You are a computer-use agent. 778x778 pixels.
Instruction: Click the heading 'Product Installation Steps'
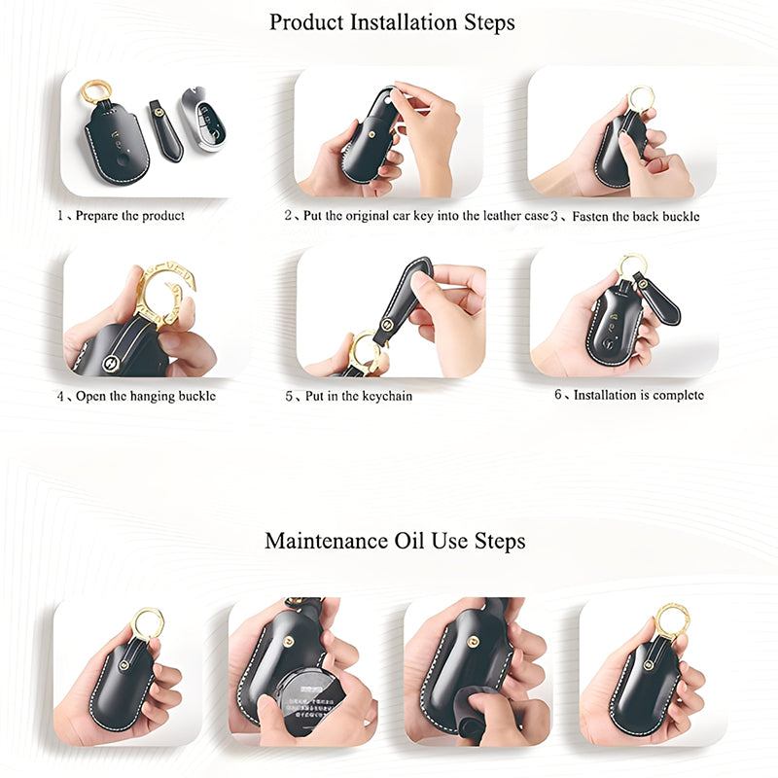392,21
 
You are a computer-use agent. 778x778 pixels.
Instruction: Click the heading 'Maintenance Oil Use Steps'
395,541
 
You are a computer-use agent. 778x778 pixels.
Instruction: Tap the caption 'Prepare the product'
129,215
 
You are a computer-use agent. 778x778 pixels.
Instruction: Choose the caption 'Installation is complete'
638,395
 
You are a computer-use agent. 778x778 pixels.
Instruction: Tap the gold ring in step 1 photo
95,92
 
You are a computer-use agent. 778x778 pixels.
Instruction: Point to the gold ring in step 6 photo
632,264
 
